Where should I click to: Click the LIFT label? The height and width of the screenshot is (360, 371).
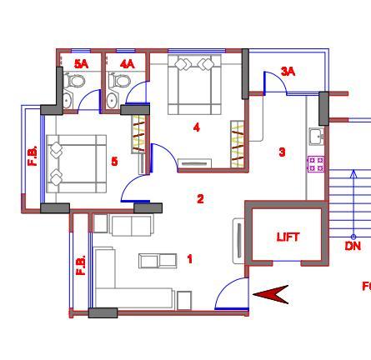point(288,237)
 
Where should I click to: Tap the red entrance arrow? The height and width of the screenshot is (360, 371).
point(270,295)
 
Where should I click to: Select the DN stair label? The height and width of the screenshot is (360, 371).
point(353,246)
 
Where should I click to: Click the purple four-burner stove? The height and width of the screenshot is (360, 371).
point(316,164)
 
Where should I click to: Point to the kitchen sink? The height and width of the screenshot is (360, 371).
point(317,137)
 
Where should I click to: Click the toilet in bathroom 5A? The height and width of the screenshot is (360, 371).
point(74,80)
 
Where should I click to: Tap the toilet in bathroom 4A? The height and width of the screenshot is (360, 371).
point(119,80)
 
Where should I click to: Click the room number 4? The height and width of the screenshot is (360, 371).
point(197,127)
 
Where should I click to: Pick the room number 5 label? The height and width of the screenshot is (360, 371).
point(114,161)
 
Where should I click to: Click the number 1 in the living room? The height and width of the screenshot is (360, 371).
point(190,259)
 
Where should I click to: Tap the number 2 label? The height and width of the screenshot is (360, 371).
point(200,199)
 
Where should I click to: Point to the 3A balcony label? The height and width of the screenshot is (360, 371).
point(288,72)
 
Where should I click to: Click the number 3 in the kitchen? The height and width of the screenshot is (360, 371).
point(282,152)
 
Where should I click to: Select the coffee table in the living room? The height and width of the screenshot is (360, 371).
point(158,261)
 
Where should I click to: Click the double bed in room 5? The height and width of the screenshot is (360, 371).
point(76,164)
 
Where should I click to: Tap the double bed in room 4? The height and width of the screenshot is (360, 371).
point(194,84)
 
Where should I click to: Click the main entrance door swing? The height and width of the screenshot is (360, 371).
point(232,293)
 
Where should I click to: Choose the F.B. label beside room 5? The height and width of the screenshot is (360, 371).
point(33,156)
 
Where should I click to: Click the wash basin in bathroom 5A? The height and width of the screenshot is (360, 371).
point(68,99)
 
